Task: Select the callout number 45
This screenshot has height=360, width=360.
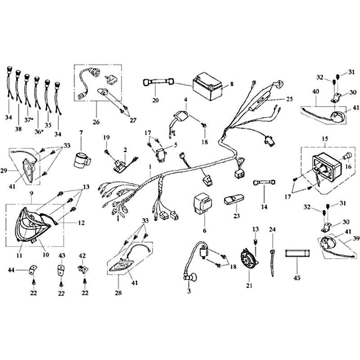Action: (x=297, y=278)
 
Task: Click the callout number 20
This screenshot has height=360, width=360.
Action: (x=155, y=100)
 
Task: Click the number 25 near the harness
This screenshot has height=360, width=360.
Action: (x=290, y=99)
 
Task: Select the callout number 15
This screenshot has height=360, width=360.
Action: (x=325, y=139)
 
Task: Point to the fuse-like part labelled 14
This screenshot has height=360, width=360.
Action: (x=264, y=183)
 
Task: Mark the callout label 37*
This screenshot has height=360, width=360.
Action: (x=28, y=120)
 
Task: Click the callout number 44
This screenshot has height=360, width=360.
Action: (x=11, y=270)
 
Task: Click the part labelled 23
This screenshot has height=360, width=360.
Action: (x=234, y=199)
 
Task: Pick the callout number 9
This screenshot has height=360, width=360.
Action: (x=31, y=193)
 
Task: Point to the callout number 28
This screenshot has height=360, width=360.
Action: (x=118, y=293)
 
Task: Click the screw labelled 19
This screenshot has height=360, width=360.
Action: (x=107, y=152)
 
